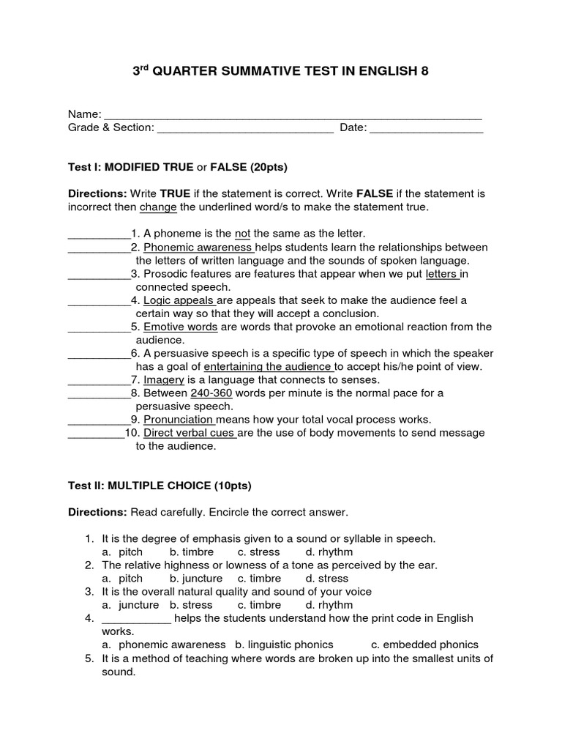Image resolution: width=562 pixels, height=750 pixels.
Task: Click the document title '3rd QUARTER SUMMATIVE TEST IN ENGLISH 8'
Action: (280, 72)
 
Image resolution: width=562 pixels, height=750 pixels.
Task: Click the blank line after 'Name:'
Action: (293, 117)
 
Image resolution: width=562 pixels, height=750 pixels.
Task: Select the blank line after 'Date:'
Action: (426, 130)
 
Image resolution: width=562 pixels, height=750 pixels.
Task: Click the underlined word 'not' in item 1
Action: (242, 234)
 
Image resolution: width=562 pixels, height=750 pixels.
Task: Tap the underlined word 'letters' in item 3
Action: (442, 274)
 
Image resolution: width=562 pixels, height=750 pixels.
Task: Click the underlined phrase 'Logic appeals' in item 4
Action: (179, 300)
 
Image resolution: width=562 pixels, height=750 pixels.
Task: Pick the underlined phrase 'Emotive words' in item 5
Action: (180, 327)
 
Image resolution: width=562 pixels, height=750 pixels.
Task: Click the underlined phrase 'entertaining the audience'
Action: (269, 366)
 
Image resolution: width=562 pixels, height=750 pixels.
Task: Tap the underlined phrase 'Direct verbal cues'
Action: (190, 433)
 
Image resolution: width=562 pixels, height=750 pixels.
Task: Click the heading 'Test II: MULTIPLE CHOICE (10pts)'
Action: (160, 486)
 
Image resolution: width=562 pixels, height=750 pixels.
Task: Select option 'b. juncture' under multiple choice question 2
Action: (195, 578)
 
